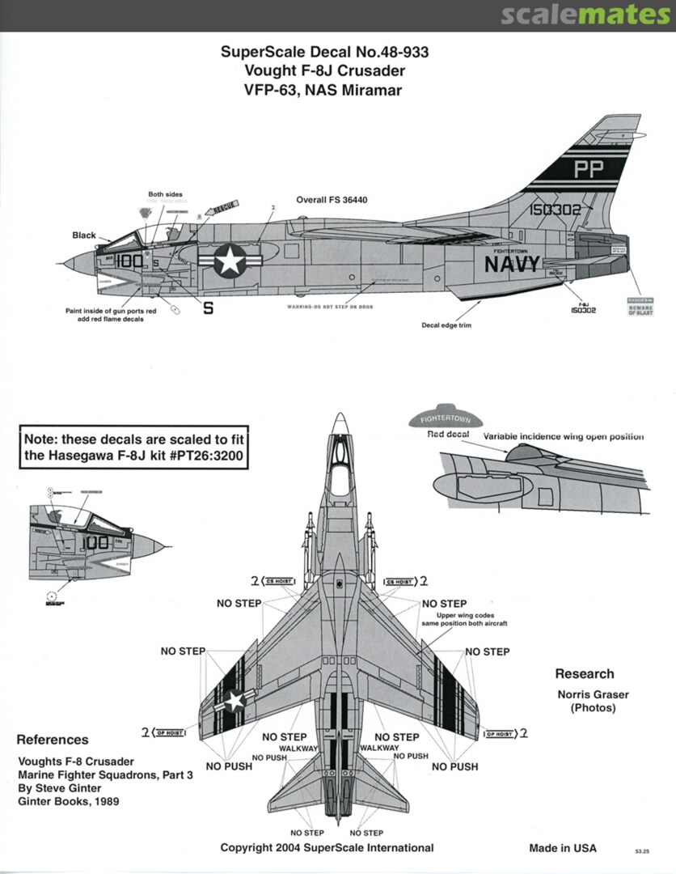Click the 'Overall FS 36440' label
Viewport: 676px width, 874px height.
point(332,199)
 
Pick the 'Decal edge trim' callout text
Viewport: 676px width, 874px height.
point(446,325)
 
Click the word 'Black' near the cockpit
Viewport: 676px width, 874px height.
point(83,235)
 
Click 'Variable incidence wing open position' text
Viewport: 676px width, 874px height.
point(564,436)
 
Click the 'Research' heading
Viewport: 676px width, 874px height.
point(584,674)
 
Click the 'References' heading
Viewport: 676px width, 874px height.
point(53,740)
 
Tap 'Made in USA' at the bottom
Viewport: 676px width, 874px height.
point(563,848)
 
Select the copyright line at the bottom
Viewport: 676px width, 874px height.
point(327,848)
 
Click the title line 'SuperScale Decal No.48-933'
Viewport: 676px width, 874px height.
point(324,53)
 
